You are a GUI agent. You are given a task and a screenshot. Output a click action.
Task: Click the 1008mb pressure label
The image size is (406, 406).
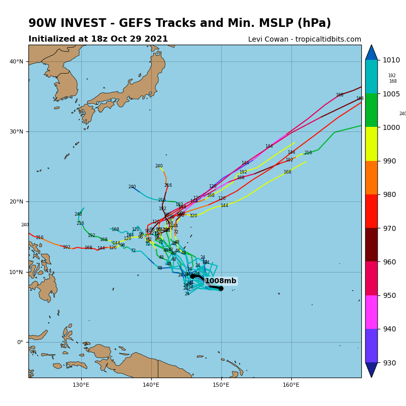coord(220,281)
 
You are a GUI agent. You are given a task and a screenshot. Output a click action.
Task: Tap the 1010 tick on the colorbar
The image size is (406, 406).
coord(390,60)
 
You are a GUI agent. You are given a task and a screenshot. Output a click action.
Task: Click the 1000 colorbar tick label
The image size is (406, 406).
coord(390,127)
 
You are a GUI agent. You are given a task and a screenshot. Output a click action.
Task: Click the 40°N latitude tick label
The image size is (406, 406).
coord(16,61)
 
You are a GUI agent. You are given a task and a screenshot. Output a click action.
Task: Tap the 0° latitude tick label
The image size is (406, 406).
coord(20,342)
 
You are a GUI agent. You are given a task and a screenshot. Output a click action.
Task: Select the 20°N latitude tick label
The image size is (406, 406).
coord(16,201)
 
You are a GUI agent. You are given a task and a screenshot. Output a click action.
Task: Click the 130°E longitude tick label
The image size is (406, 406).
coord(81,385)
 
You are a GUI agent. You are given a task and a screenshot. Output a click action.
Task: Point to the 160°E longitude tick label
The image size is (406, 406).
coord(291,385)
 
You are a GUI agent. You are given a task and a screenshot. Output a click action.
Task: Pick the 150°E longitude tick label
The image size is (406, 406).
coord(221,385)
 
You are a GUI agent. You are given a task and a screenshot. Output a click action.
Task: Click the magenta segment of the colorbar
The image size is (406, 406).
coord(371,312)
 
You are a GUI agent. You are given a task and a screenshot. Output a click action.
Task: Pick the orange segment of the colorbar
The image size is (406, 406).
coord(371,178)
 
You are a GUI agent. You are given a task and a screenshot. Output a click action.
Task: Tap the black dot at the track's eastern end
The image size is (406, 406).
coord(221,288)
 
